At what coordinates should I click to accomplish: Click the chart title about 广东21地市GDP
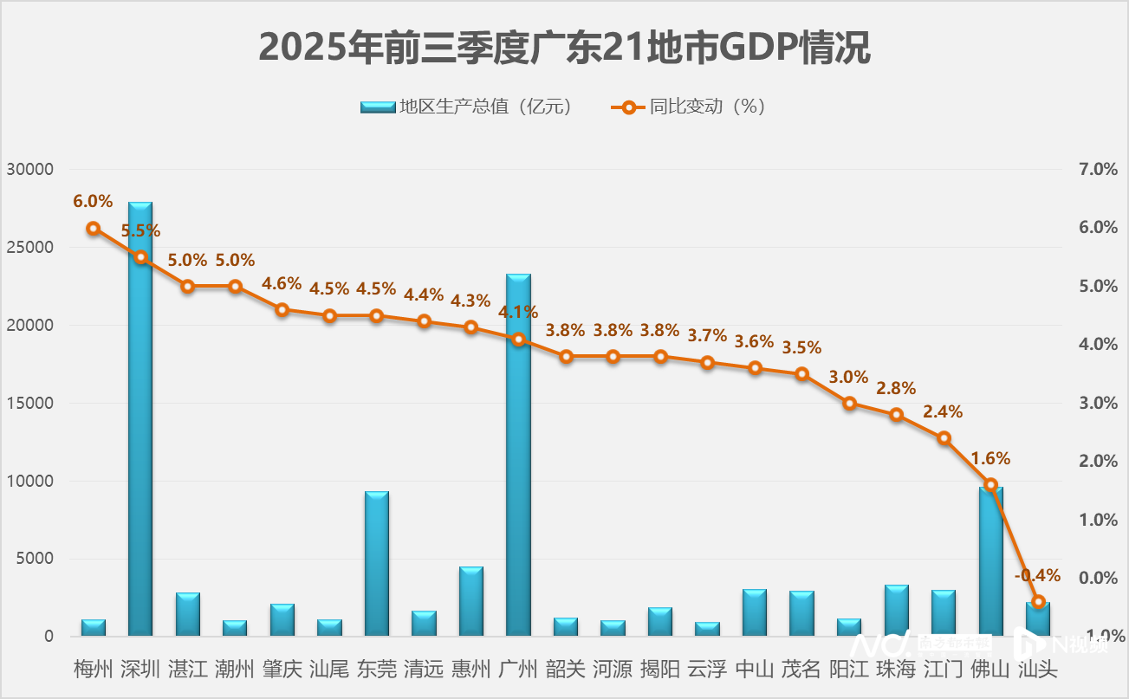pos(564,48)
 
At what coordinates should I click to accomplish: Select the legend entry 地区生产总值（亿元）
pos(467,107)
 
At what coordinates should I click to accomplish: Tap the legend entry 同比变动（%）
pos(689,107)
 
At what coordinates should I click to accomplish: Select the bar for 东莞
pos(377,563)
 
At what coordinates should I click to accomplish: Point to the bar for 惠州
pos(471,601)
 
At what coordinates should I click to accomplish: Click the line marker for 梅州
pos(94,229)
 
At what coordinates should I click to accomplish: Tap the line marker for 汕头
pos(1039,601)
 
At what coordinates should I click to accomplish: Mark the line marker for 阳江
pos(850,403)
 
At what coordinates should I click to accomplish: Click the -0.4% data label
pos(1037,575)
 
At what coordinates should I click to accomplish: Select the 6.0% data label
pos(93,201)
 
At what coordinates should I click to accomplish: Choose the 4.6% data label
pos(282,283)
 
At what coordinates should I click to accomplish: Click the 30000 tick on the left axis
pos(30,169)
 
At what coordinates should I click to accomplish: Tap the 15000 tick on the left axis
pos(30,403)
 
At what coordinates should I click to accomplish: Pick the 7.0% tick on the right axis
pos(1098,169)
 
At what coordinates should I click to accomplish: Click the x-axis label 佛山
pos(990,670)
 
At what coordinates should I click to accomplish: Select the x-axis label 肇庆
pos(282,670)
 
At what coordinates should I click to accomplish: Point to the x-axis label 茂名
pos(801,670)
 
